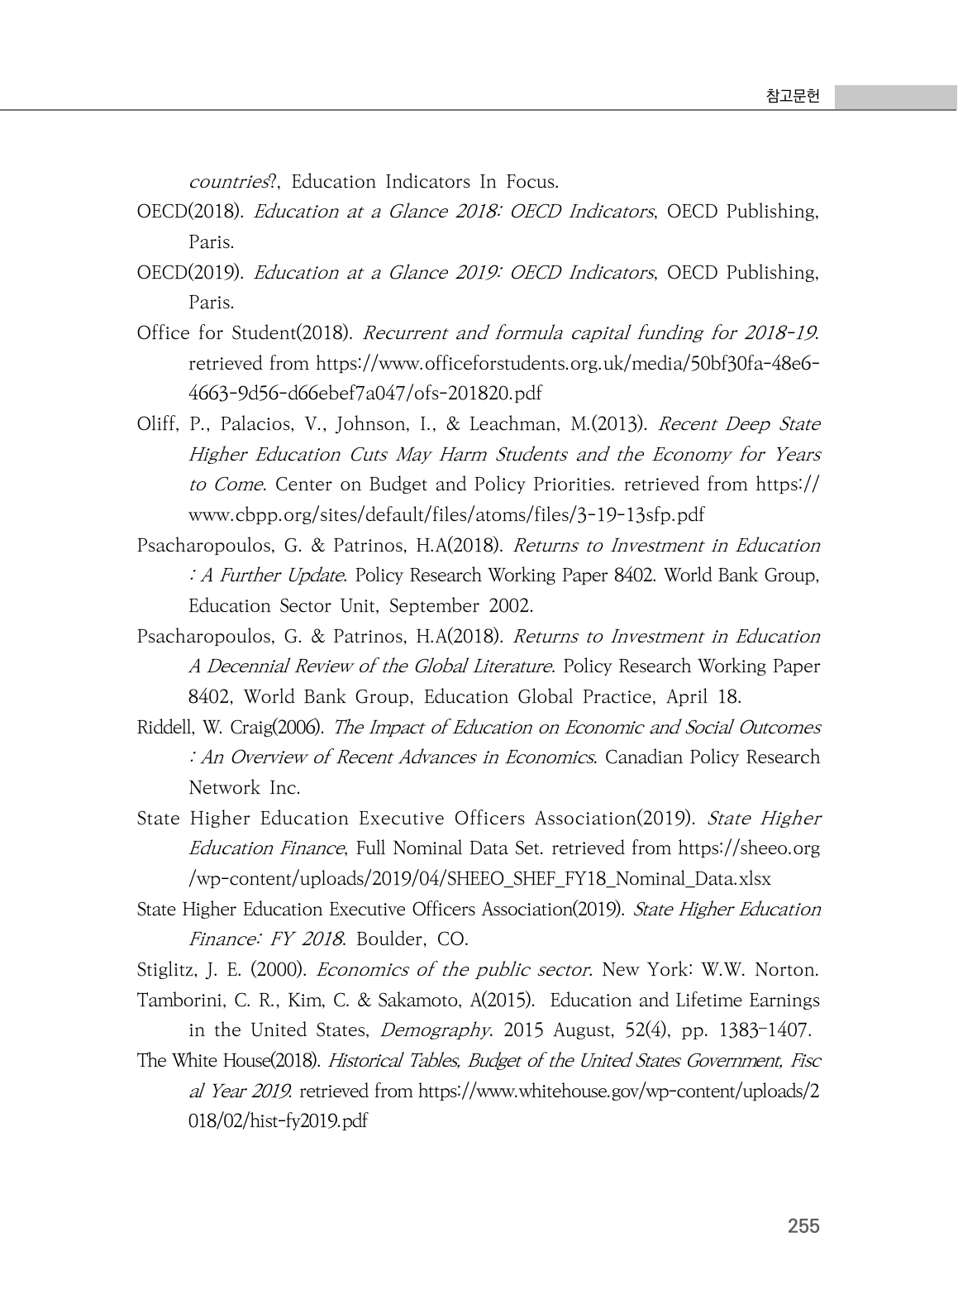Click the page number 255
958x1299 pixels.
click(x=803, y=1226)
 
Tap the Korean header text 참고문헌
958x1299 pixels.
click(x=793, y=97)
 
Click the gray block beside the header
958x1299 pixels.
click(x=895, y=97)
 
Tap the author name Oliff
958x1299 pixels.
click(x=157, y=425)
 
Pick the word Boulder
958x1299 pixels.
click(x=391, y=940)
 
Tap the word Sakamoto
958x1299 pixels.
click(x=421, y=1001)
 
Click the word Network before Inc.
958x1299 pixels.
click(x=225, y=788)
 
